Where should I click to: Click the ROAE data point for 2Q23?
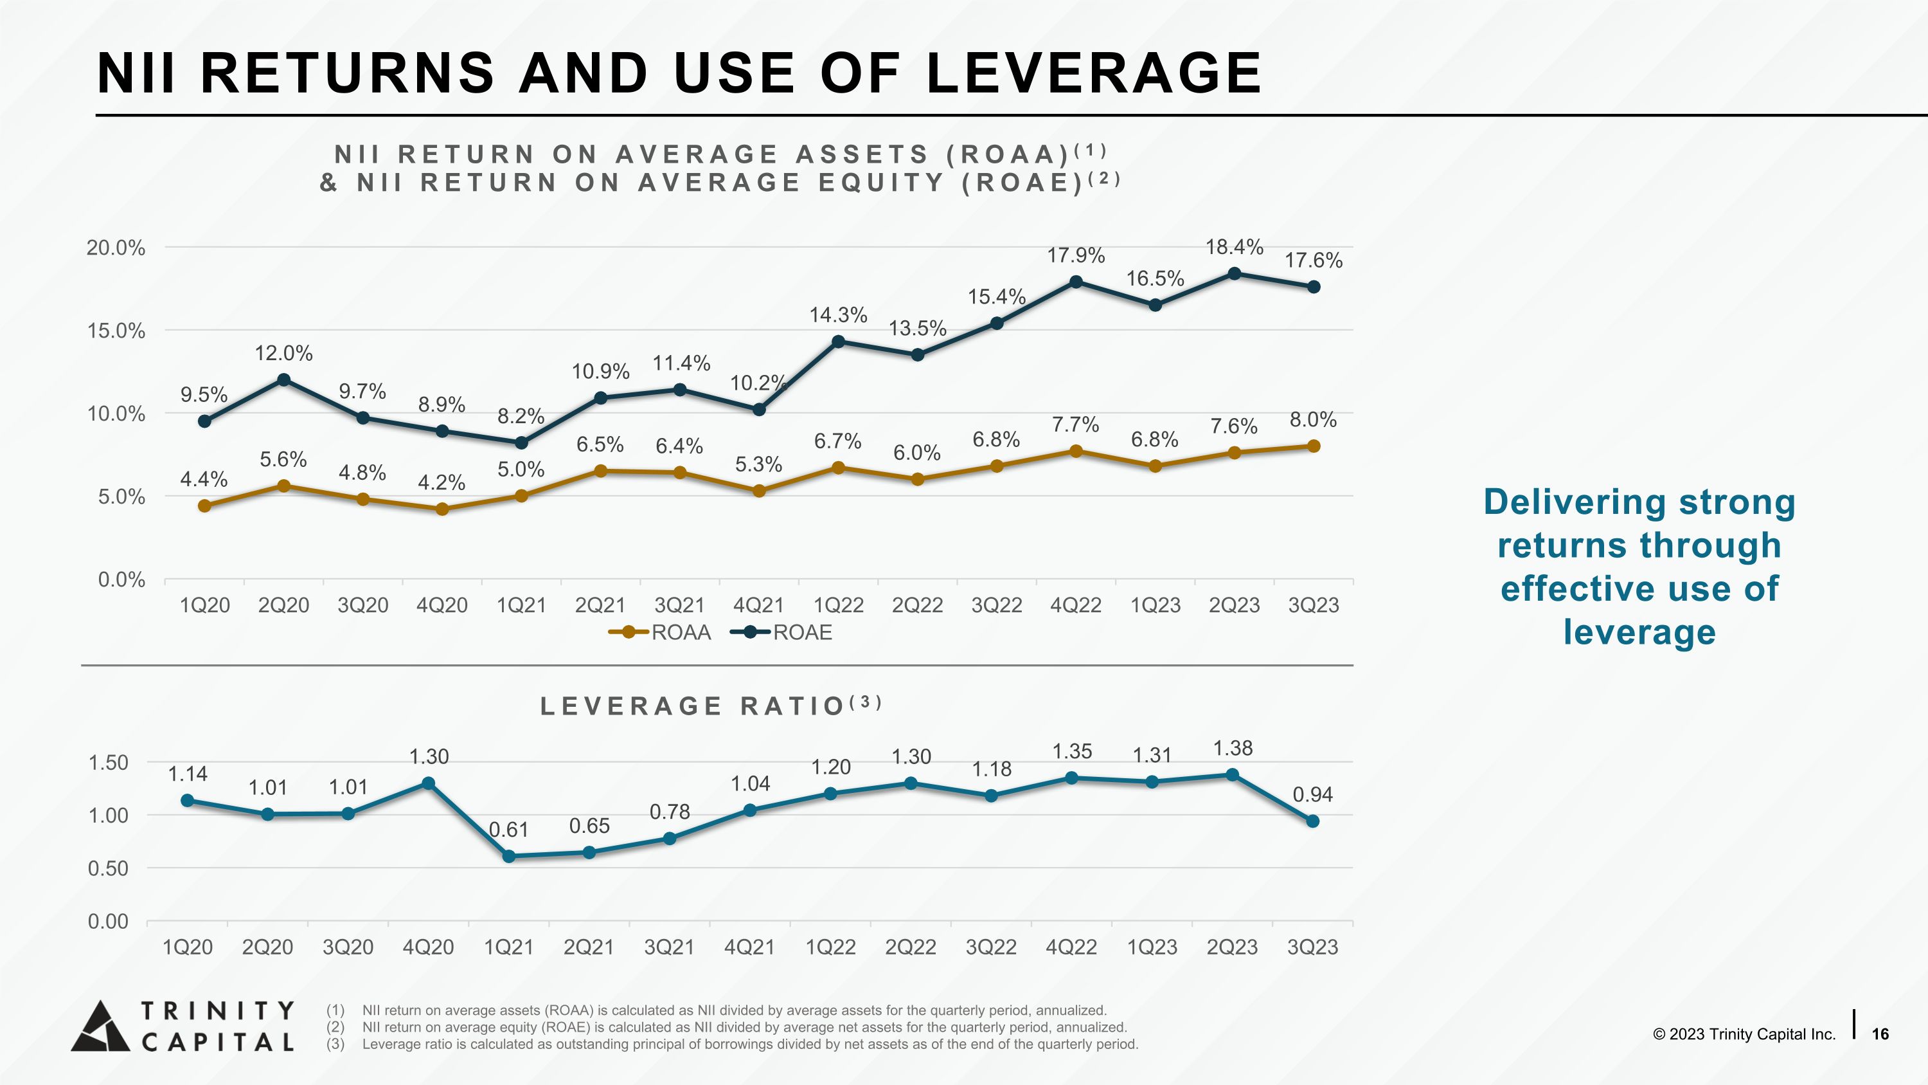1234,273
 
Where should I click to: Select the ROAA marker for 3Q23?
1313,446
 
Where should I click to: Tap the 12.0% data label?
283,354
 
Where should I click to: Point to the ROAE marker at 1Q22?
838,342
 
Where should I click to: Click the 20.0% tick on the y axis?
116,248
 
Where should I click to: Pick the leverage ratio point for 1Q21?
509,857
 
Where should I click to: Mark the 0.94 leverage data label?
1313,794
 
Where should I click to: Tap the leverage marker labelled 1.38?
1232,775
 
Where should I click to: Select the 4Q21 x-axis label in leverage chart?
749,947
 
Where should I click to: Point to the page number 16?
1880,1034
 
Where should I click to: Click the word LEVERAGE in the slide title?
1093,73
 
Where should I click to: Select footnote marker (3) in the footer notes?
335,1044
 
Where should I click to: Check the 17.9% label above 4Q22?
1076,255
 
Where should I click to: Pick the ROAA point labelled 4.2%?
442,509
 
